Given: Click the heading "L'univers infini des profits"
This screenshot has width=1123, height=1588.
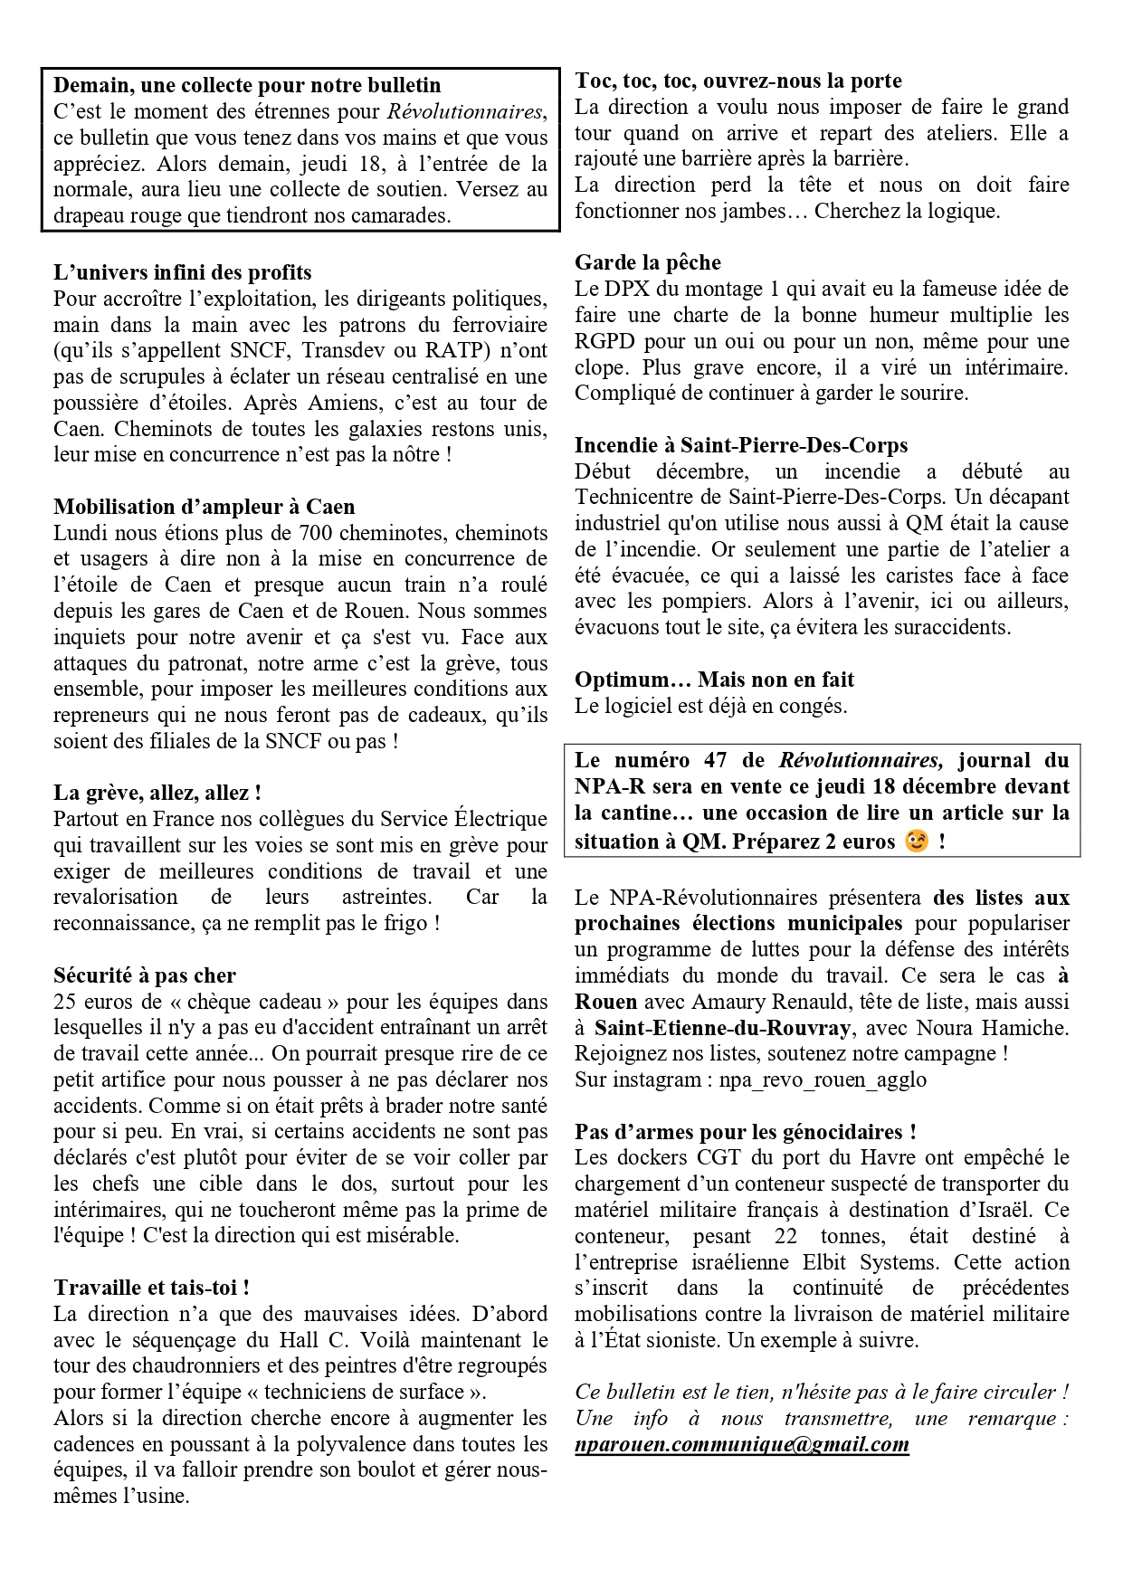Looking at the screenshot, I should coord(182,272).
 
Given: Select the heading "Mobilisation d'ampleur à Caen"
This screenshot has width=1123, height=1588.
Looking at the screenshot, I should coord(204,507).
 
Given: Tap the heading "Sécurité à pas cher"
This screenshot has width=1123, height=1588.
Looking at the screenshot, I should coord(145,975).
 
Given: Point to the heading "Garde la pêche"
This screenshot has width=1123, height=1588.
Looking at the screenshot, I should coord(648,263).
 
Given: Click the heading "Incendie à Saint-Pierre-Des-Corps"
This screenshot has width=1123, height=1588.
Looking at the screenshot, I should coord(741,445).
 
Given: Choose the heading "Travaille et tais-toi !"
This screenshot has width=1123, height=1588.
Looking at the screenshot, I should coord(151,1288).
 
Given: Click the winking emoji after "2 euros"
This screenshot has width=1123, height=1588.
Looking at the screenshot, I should coord(917,842).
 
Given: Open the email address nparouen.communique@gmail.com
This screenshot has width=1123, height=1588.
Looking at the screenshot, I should coord(741,1444).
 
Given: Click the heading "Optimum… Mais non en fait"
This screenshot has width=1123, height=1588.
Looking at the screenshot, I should coord(714,680).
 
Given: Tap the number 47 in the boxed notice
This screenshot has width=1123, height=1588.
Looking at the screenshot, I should coord(715,761).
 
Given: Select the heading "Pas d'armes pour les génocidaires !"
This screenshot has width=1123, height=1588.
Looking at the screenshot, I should coord(746,1132).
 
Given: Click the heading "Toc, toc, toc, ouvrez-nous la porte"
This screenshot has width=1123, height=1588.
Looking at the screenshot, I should coord(738,81).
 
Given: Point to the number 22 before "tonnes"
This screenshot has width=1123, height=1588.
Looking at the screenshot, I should coord(785,1236).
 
